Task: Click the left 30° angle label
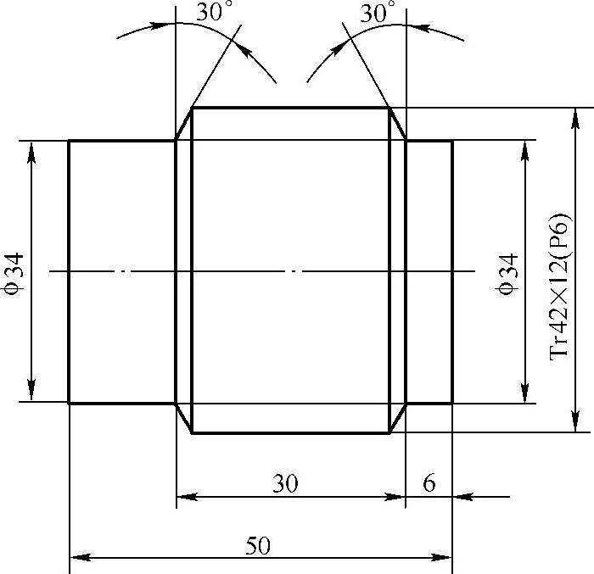coord(214,11)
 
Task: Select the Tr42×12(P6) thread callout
coord(559,287)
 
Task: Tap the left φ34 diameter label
coord(14,274)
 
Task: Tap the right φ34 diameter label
coord(507,274)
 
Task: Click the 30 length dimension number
coord(285,483)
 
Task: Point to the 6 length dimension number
coord(429,482)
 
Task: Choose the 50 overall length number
coord(258,546)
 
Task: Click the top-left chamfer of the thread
coord(184,124)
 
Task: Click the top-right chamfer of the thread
coord(398,124)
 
